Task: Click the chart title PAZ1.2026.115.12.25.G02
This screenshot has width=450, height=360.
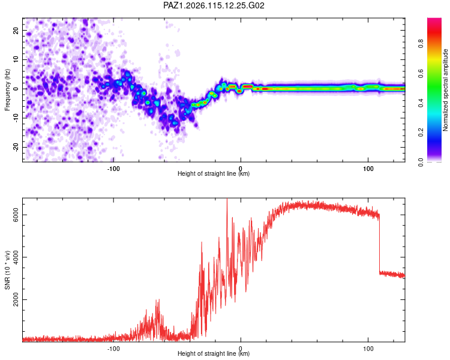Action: coord(214,5)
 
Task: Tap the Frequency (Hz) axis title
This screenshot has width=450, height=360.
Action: coord(7,90)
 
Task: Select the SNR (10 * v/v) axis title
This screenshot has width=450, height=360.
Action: coord(7,270)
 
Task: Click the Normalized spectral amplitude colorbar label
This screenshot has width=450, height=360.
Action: coord(445,90)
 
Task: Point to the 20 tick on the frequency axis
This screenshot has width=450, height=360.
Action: coord(16,30)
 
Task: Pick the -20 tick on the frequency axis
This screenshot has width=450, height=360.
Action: coord(16,147)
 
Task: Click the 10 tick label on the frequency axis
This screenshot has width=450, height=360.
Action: coord(16,59)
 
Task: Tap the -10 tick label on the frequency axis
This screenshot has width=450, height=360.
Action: coord(16,118)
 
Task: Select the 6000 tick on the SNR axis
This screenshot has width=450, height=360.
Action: coord(16,215)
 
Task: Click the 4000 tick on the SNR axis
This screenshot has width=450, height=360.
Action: coord(16,257)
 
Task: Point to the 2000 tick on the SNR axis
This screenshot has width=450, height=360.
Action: coord(16,300)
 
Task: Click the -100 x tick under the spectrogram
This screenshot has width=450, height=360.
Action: coord(113,169)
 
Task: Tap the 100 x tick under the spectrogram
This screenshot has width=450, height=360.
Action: coord(368,169)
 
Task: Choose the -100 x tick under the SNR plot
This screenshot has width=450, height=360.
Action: coord(113,349)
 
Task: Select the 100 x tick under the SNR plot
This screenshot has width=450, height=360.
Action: coord(368,349)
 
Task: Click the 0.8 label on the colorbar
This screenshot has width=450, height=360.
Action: coord(421,44)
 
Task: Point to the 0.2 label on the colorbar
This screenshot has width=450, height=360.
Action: coord(421,133)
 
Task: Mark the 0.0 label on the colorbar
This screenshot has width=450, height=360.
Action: coord(421,162)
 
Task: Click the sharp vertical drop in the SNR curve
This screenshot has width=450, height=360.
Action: coord(379,244)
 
